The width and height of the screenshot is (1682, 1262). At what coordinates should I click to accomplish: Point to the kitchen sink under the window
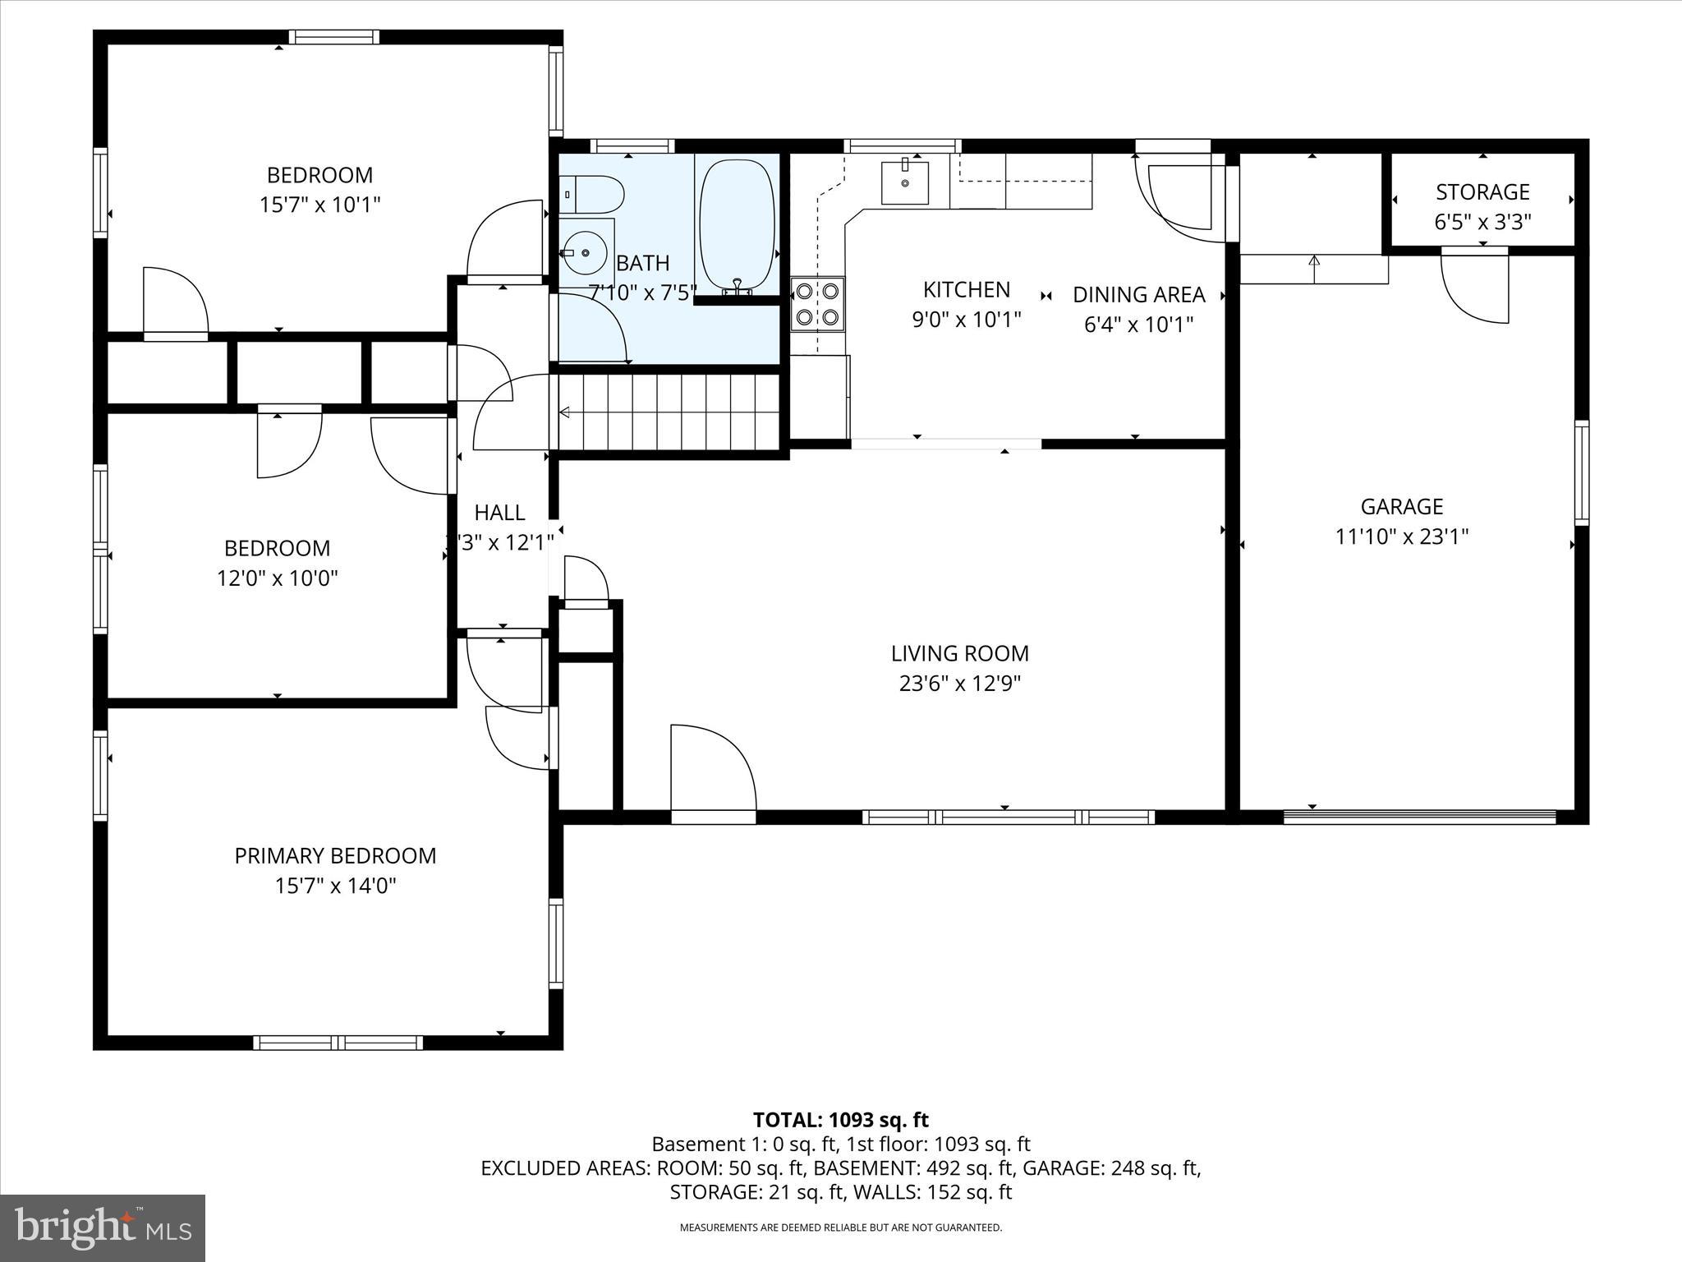click(x=904, y=182)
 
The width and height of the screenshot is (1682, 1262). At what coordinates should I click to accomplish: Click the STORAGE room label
click(x=1482, y=192)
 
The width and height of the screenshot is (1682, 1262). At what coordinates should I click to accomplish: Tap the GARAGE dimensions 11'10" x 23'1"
click(x=1402, y=537)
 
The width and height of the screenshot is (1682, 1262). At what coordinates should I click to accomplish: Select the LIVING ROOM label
click(x=959, y=653)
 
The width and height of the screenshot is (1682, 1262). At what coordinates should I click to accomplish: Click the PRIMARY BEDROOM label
click(x=335, y=855)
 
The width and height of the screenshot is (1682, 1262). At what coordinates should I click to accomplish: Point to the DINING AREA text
click(x=1138, y=294)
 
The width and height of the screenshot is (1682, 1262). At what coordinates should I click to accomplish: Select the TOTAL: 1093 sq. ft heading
click(x=840, y=1120)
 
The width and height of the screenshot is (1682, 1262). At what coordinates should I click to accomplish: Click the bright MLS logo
click(x=103, y=1227)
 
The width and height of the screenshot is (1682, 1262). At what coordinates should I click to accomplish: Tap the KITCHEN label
click(x=966, y=289)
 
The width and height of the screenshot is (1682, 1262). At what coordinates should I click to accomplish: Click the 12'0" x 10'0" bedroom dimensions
click(x=277, y=578)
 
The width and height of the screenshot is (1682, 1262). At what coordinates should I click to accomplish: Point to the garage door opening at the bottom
click(x=1419, y=817)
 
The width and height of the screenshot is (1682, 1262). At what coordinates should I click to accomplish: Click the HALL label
click(x=499, y=513)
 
